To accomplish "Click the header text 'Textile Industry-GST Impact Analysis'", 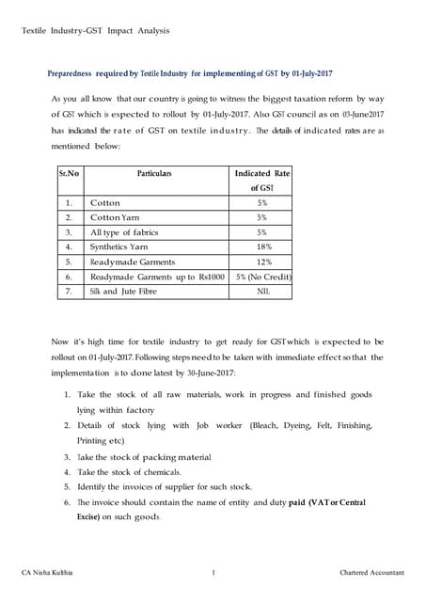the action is (95, 31).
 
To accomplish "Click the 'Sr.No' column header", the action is (69, 174).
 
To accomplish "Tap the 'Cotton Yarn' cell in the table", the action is (118, 216).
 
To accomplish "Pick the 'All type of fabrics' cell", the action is (124, 231).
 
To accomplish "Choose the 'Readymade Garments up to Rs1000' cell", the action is (157, 277).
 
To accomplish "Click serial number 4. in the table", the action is (69, 246).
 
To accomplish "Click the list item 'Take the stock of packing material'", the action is (151, 456).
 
